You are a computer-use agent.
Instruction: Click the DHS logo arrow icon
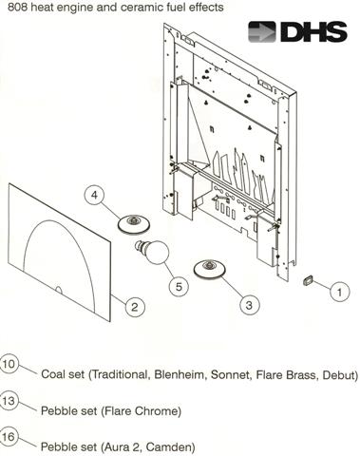pos(261,31)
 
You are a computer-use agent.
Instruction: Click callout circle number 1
pos(339,292)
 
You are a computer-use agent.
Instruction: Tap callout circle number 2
pos(135,307)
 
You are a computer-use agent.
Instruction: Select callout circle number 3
pos(249,305)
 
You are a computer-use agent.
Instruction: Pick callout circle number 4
pos(95,196)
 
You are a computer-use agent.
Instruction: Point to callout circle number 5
pos(179,287)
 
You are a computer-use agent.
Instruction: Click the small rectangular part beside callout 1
pos(308,280)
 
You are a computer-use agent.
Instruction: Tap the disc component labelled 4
pos(133,225)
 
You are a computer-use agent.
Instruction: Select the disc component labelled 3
pos(209,269)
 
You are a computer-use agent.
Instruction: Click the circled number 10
pos(9,364)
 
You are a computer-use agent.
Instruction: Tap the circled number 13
pos(9,401)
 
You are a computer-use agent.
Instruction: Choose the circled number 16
pos(9,437)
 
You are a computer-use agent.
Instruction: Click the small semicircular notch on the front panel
pos(58,290)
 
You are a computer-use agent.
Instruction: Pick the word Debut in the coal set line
pos(340,374)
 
